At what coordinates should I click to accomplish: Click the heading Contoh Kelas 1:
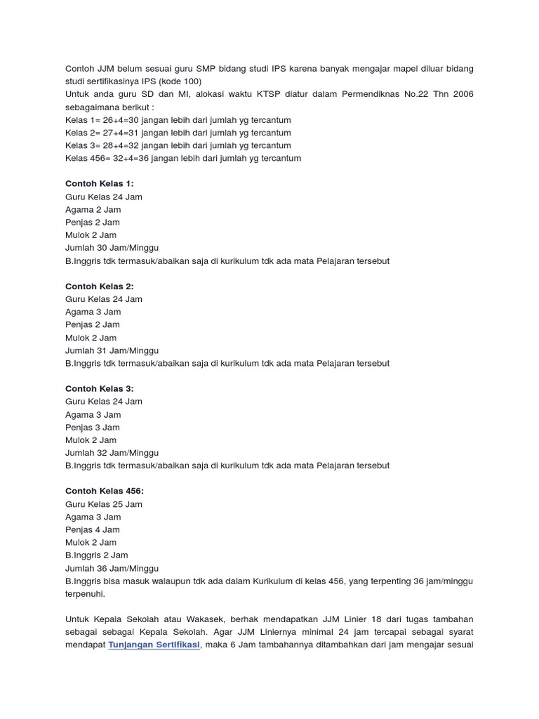pos(99,183)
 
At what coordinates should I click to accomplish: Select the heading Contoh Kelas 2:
pos(99,286)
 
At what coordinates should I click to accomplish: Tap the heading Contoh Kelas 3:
pos(99,389)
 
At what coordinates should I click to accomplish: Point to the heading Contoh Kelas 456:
pos(104,492)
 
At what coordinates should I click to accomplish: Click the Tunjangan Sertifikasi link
pos(154,645)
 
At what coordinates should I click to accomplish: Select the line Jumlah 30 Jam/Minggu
pos(112,248)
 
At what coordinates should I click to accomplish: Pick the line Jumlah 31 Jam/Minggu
pos(112,350)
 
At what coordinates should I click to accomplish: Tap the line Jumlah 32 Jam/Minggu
pos(112,453)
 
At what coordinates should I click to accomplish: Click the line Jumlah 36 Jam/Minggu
pos(112,568)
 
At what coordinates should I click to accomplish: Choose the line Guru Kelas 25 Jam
pos(104,504)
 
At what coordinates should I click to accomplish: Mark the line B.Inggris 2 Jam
pos(97,555)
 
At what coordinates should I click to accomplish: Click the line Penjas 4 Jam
pos(93,529)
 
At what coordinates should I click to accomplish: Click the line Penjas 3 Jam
pos(93,427)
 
